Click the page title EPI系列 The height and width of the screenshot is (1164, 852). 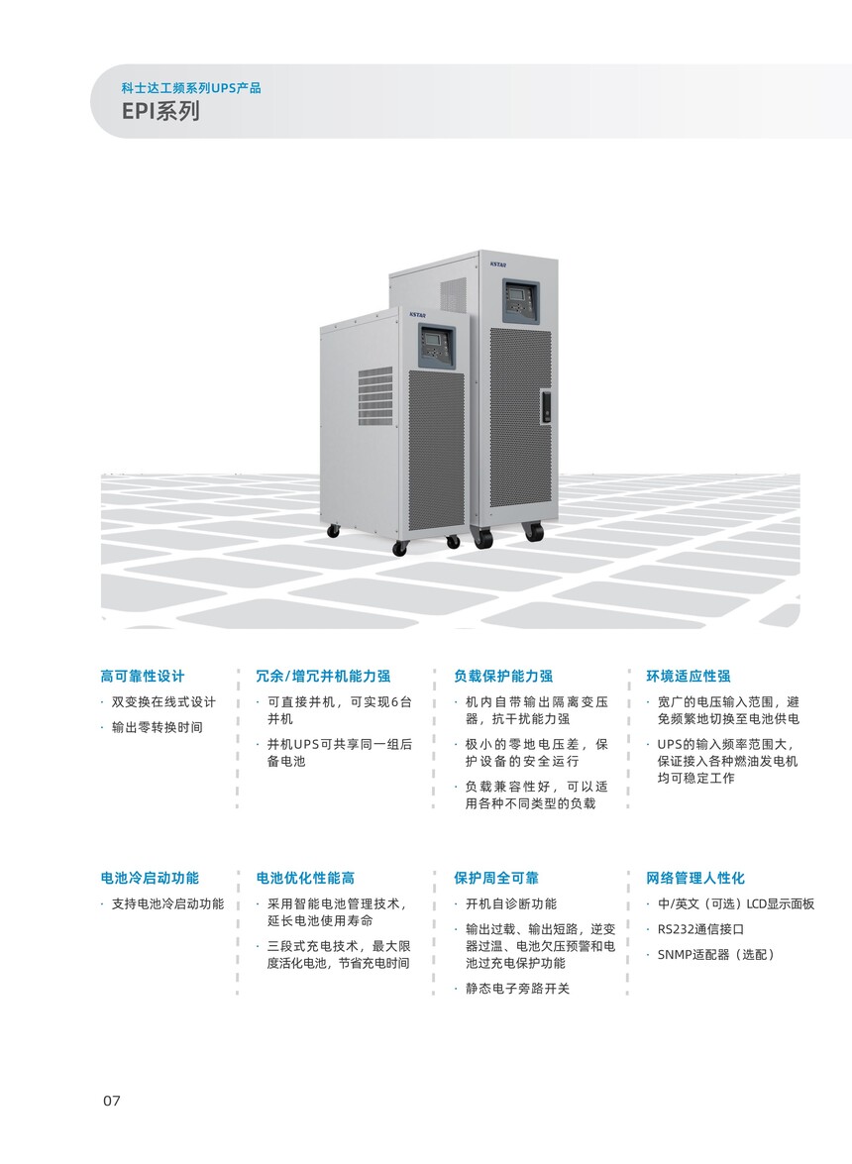(x=161, y=111)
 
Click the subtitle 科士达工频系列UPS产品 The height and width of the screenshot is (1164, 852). (x=191, y=87)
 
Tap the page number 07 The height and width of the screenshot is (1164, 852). (x=111, y=1101)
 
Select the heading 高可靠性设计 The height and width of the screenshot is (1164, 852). (x=143, y=676)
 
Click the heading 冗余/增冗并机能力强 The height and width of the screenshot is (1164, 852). (x=323, y=676)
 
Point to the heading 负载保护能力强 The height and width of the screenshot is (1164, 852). (x=503, y=676)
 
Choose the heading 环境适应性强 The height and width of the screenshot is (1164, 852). (x=688, y=676)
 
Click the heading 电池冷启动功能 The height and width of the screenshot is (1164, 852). (x=150, y=878)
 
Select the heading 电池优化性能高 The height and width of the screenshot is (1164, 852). (x=305, y=878)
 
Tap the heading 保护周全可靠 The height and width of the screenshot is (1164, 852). (x=496, y=878)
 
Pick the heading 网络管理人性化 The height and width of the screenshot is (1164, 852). (x=694, y=878)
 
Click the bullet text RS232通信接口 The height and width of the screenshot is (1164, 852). (x=700, y=928)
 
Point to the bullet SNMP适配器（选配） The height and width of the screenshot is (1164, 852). (x=716, y=954)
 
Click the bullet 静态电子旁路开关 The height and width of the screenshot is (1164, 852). (x=517, y=988)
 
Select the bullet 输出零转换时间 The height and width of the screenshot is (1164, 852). (x=157, y=727)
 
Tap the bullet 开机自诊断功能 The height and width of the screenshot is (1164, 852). (x=510, y=903)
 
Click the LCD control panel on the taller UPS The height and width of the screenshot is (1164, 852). (x=519, y=301)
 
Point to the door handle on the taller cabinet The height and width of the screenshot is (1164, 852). (x=546, y=406)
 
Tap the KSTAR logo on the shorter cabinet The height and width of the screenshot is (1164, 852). (x=417, y=315)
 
